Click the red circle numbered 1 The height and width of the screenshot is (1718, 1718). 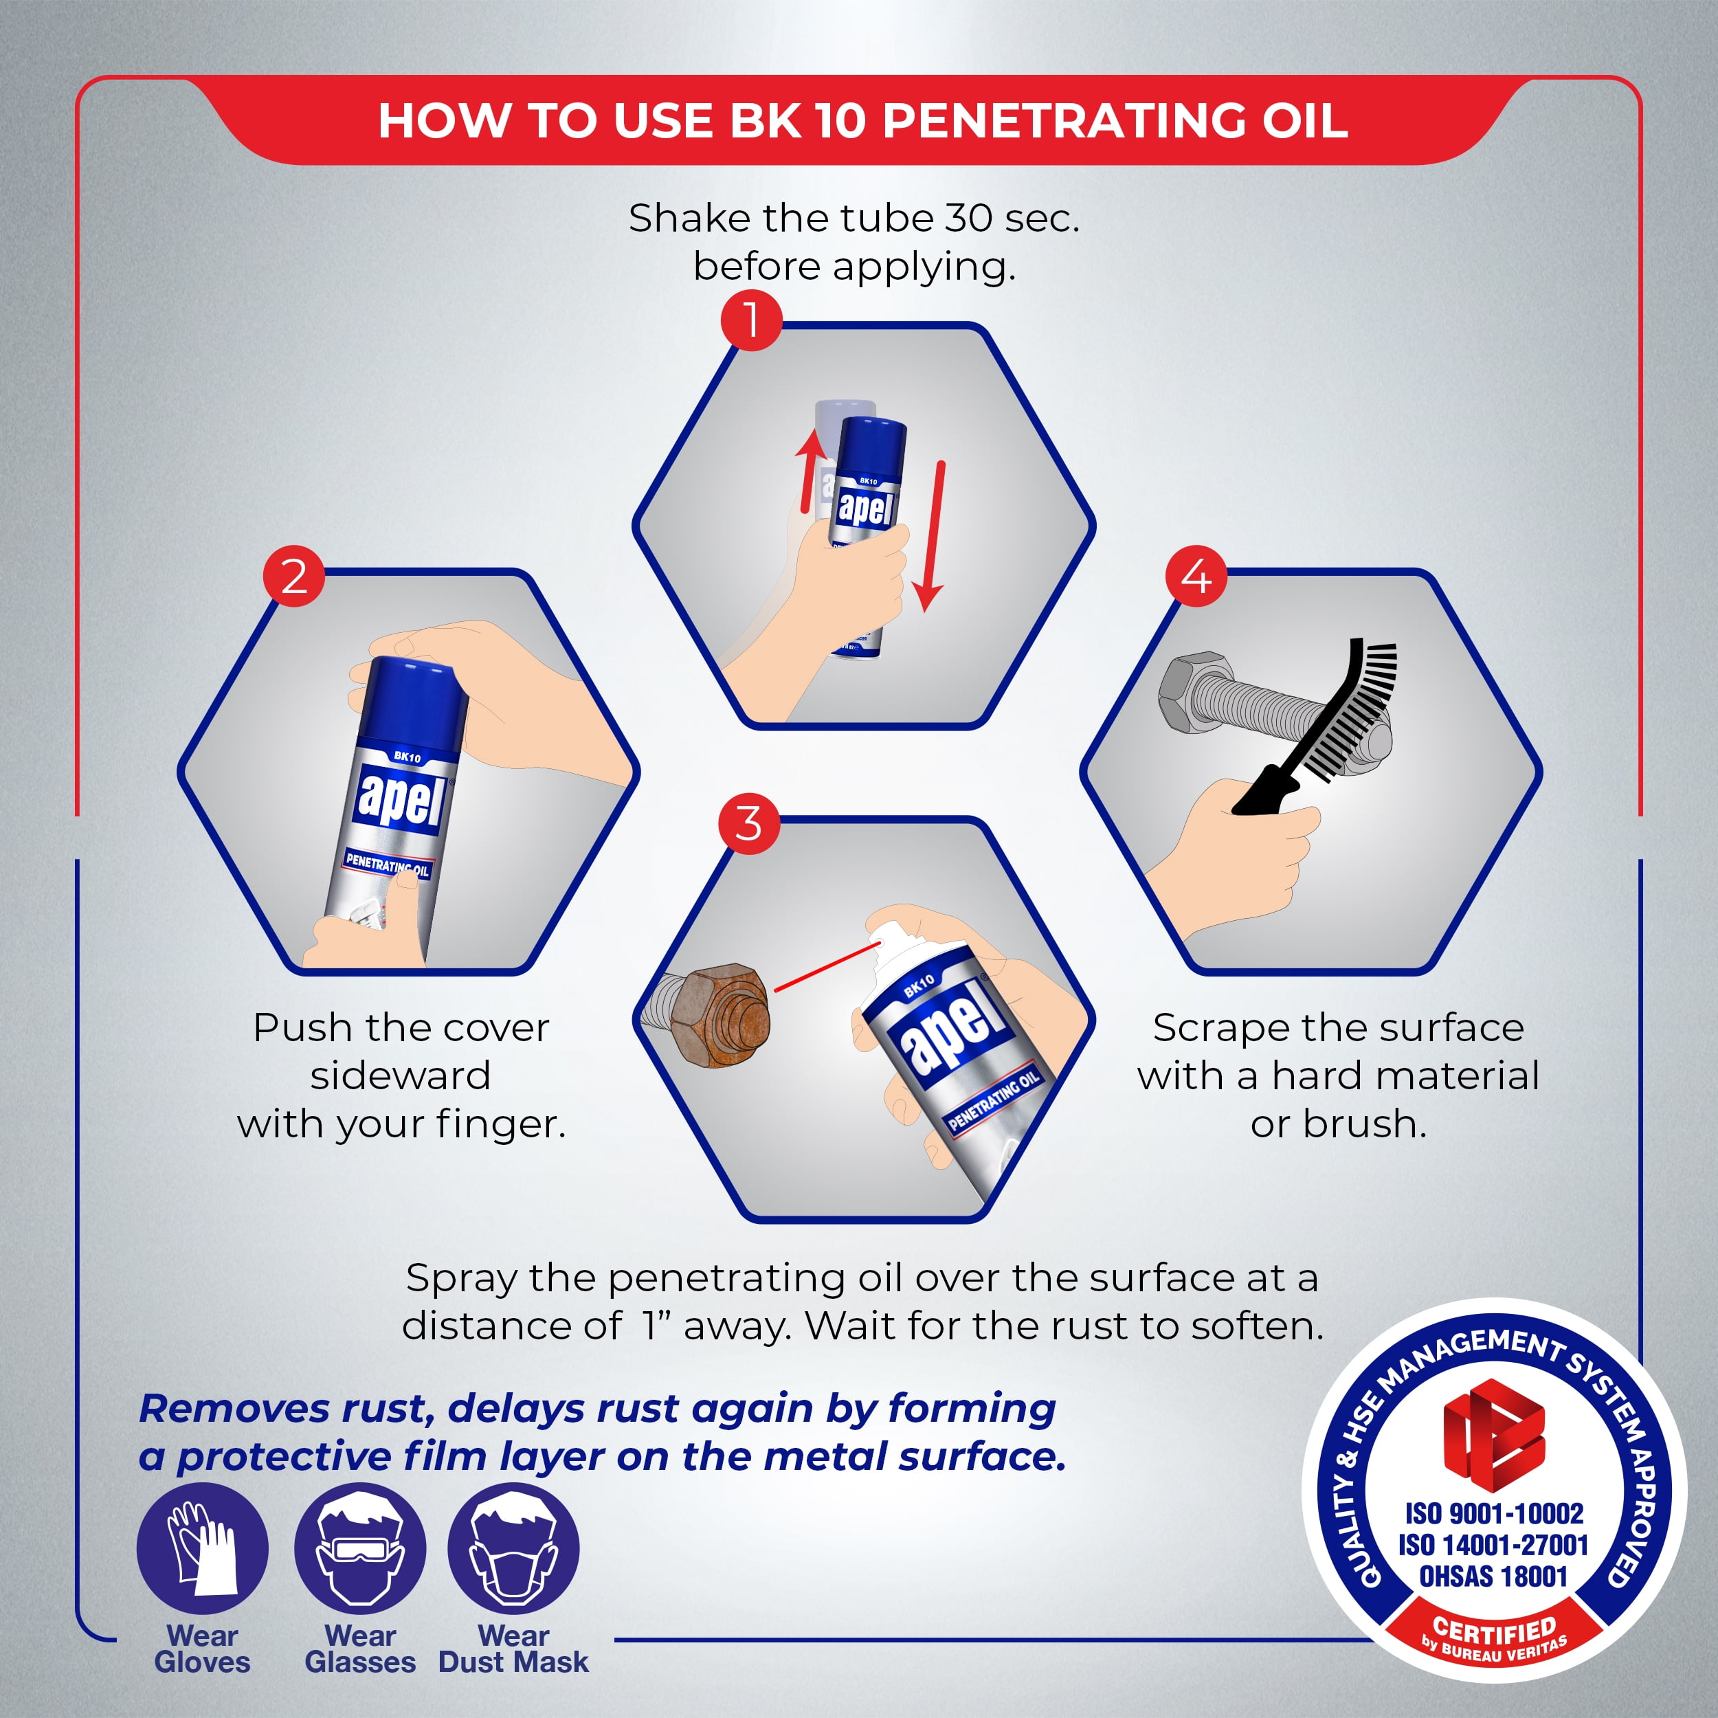[x=751, y=320]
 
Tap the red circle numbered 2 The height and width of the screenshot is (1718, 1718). [x=294, y=577]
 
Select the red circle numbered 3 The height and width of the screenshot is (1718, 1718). [x=749, y=823]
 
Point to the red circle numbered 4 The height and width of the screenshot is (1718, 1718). [x=1196, y=577]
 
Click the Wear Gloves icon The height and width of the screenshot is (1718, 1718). [x=202, y=1548]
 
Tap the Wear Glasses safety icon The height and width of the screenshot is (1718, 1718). [x=360, y=1548]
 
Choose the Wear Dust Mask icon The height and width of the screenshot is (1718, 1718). [x=513, y=1548]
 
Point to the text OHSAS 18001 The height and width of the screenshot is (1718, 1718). [x=1493, y=1576]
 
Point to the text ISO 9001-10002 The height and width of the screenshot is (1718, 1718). [x=1494, y=1513]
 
